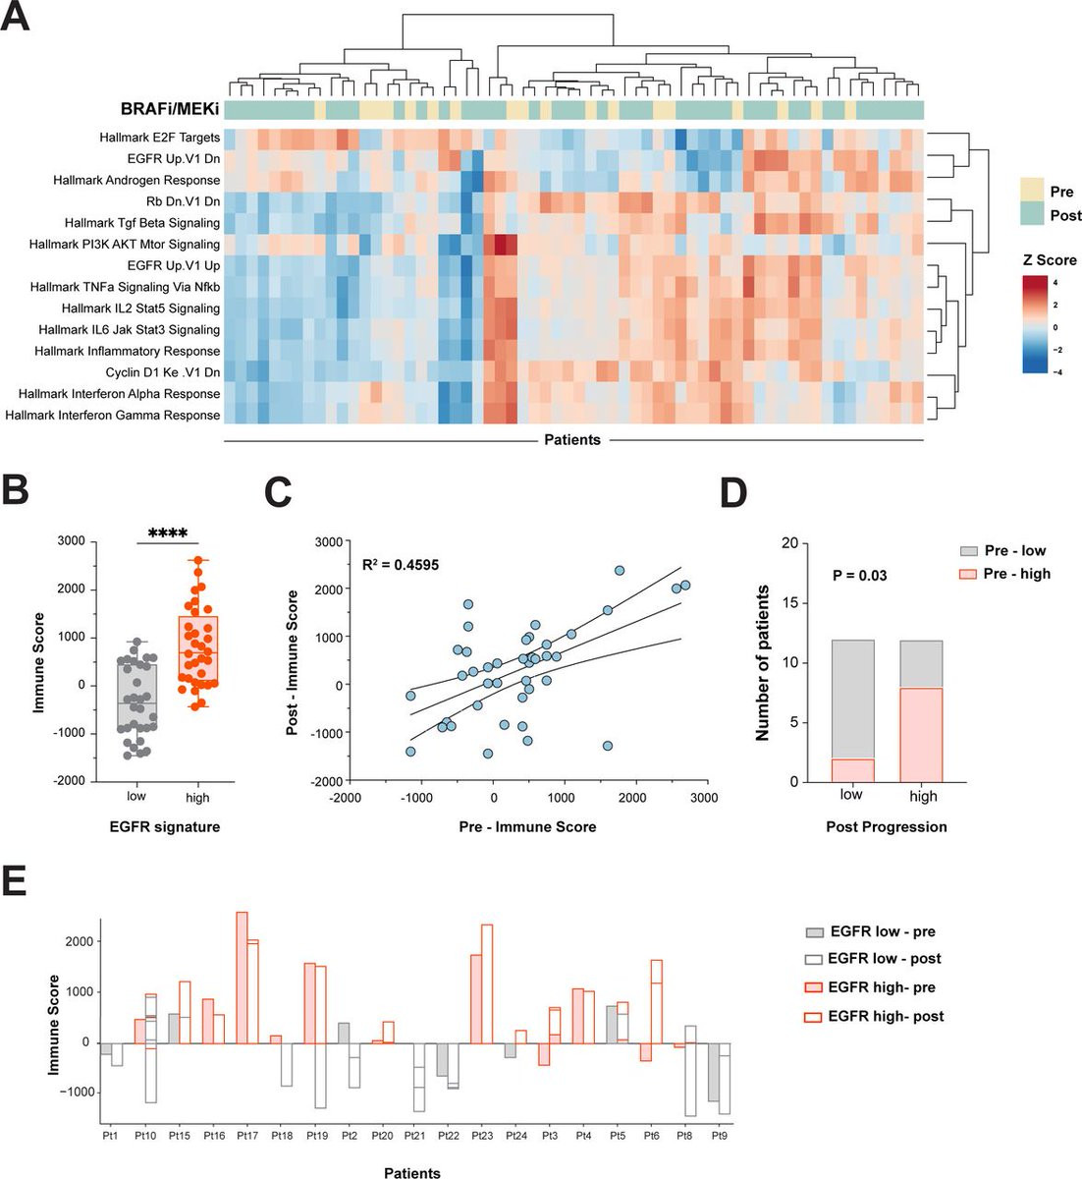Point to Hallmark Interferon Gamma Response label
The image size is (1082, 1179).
pos(112,416)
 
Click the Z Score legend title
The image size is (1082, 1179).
pos(1050,260)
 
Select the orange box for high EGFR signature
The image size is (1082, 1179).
pos(197,648)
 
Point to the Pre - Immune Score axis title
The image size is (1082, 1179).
pos(528,827)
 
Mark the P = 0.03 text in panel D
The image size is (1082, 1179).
pos(859,575)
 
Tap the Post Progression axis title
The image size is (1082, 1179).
pos(887,827)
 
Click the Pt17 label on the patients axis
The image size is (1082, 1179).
pos(247,1136)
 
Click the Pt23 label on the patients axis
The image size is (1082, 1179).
pos(482,1136)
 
